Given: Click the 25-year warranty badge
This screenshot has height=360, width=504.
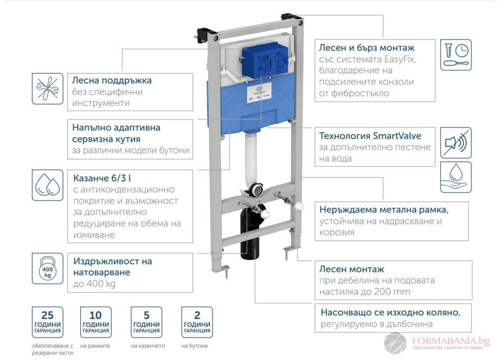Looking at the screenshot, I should coord(48,323).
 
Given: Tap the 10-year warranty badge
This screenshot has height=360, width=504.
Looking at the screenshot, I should coord(95,323).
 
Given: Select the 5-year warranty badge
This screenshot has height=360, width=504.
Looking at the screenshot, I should coord(146,323).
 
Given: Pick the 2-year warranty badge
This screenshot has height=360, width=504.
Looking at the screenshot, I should coord(197,323).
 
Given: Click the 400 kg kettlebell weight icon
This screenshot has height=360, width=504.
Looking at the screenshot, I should coord(48,268).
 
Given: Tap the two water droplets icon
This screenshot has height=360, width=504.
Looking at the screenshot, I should coord(48,185).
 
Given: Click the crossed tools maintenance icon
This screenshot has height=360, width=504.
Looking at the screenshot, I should coord(48,89).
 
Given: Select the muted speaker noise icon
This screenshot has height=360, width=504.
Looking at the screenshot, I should coord(455,143).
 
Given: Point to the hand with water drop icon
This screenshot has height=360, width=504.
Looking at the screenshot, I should coord(455,177).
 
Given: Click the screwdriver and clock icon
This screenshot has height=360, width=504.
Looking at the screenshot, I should coord(455,55).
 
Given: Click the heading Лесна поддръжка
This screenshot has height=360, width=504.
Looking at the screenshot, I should coord(112,80).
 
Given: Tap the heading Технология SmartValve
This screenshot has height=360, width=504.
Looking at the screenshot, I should coord(370,135).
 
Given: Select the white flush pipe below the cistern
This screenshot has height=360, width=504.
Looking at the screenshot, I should coord(252,158).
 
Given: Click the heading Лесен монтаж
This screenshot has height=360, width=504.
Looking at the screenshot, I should coord(351,269).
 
